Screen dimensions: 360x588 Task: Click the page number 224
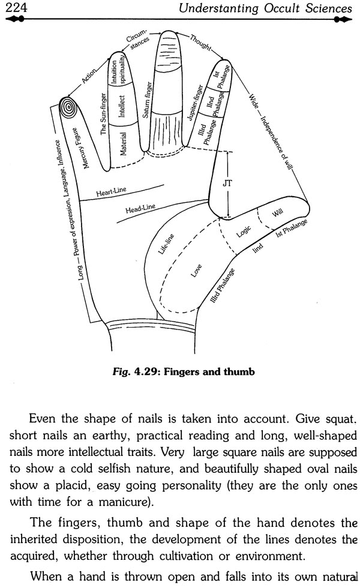[x=16, y=7]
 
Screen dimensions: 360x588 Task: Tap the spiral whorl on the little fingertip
[x=68, y=107]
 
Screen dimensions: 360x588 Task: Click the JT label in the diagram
[x=227, y=184]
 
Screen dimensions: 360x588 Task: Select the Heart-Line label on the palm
[x=112, y=191]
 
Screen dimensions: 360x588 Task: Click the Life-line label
[x=166, y=244]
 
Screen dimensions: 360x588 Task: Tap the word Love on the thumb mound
[x=196, y=271]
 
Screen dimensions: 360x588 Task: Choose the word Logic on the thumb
[x=244, y=232]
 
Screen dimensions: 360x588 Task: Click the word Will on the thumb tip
[x=277, y=212]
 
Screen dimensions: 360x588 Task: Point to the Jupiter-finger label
[x=195, y=103]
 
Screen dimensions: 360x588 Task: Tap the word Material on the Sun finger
[x=123, y=143]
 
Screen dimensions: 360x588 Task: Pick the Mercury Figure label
[x=81, y=148]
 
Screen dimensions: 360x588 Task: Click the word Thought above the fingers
[x=200, y=42]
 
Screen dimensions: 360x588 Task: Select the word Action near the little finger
[x=89, y=76]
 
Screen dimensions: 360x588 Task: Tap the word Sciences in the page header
[x=329, y=8]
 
